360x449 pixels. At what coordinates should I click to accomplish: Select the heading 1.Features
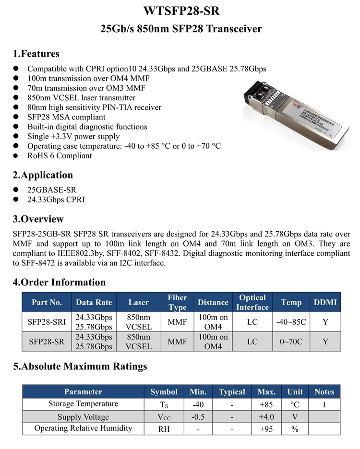click(x=36, y=54)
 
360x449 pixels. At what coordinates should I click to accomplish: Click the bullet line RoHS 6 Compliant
click(x=60, y=155)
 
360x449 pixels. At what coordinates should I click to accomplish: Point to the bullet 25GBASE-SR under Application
click(x=51, y=190)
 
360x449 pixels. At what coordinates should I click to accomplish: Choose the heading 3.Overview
click(x=38, y=219)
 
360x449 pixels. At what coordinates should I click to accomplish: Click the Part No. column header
click(x=47, y=302)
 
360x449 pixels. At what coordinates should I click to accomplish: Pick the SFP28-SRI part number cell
click(x=47, y=322)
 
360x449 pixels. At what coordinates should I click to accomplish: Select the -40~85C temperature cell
click(x=291, y=322)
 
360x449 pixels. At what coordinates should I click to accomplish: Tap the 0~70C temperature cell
click(x=291, y=342)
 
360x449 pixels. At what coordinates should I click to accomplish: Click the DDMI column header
click(x=325, y=302)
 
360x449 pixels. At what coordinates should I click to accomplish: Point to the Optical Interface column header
click(x=252, y=302)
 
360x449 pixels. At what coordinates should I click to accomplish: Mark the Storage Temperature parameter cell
click(x=83, y=404)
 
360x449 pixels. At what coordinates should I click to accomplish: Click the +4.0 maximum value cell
click(x=266, y=416)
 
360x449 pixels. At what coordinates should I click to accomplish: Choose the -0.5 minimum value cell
click(x=198, y=416)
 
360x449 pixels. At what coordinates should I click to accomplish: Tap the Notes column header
click(x=324, y=391)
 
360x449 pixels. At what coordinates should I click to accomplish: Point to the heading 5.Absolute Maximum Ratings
click(x=80, y=366)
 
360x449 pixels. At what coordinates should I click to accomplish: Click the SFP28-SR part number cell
click(x=47, y=342)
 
